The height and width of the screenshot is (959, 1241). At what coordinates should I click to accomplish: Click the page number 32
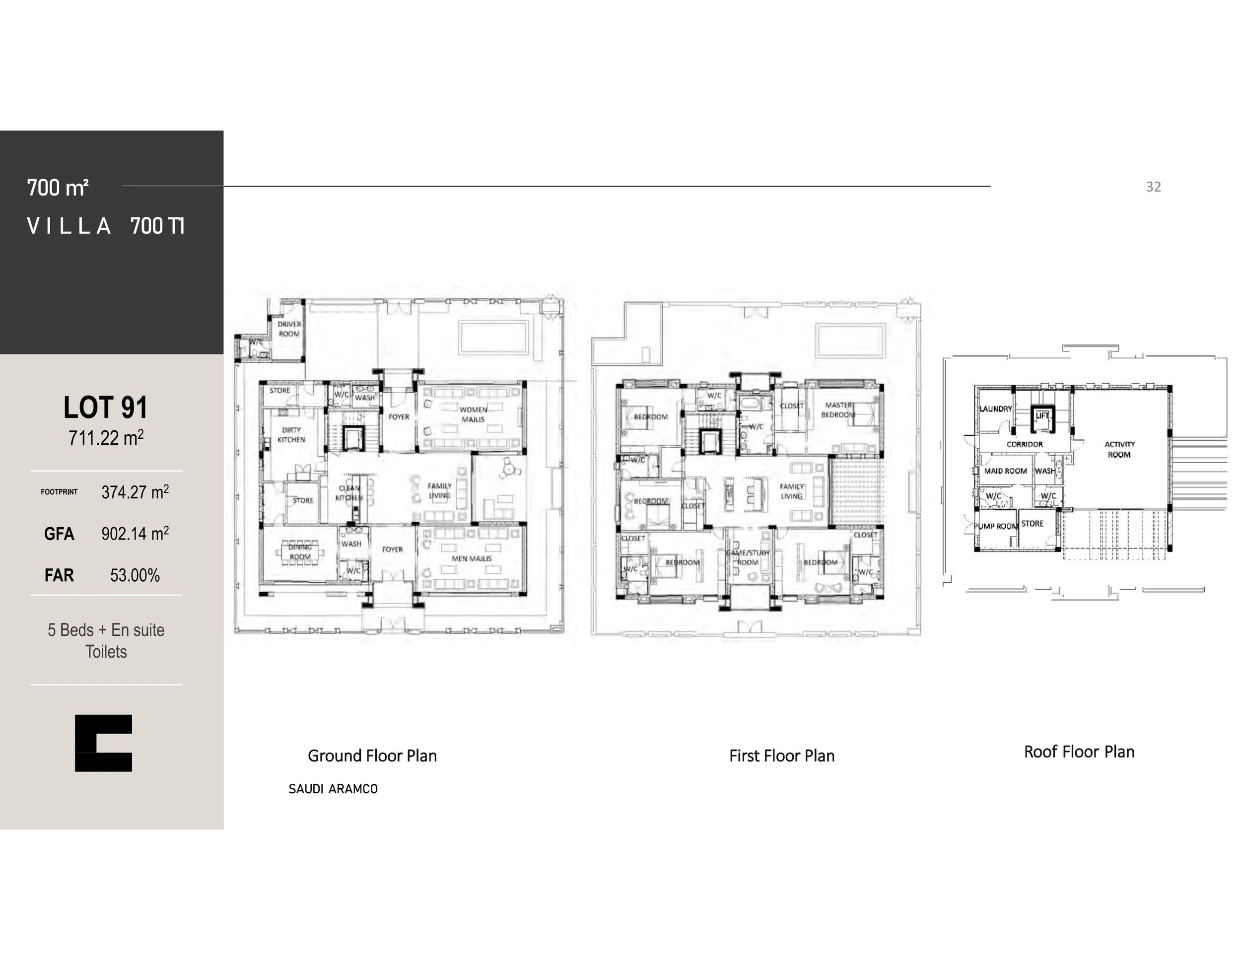(1153, 187)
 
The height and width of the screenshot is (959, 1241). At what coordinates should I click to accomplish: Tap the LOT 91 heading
(106, 408)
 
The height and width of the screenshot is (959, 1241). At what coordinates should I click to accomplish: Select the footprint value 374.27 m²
(135, 492)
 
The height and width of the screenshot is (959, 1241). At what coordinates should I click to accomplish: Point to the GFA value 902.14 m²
(135, 534)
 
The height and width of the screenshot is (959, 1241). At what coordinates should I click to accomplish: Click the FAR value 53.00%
(135, 575)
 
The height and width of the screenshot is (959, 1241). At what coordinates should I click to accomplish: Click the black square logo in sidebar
(103, 743)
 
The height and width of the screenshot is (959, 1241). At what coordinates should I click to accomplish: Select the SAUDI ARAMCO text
(333, 789)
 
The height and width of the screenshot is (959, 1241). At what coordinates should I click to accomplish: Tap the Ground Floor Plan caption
(372, 755)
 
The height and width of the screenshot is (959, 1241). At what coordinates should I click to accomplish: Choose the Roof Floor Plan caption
(1079, 752)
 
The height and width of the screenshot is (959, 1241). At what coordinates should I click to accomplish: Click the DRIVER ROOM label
(289, 329)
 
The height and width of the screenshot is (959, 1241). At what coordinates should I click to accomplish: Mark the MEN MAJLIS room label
(472, 558)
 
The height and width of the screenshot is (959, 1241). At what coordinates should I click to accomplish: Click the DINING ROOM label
(300, 551)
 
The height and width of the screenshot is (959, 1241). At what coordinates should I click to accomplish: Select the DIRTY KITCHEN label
(291, 435)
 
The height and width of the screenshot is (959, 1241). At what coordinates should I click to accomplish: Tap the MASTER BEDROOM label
(838, 410)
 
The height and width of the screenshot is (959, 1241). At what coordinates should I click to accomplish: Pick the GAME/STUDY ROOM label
(748, 557)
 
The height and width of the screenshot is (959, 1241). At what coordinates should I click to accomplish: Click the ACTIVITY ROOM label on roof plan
(1119, 449)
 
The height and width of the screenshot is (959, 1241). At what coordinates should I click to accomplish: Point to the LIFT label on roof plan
(1042, 416)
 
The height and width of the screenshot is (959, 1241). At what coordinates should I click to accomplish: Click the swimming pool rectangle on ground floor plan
(493, 338)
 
